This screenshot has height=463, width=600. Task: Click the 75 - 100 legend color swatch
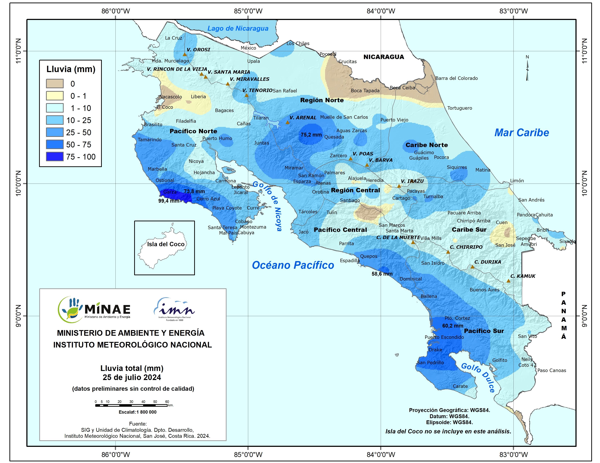tap(55, 157)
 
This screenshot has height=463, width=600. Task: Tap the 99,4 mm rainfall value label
tap(169, 201)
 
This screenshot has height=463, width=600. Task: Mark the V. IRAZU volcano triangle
tap(399, 186)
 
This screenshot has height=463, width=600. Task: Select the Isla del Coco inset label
tap(166, 244)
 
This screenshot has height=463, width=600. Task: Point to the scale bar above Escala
tap(132, 405)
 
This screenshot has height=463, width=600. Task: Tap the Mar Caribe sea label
tap(521, 133)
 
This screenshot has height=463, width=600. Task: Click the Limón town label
tap(517, 180)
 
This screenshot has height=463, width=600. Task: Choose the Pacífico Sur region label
tap(484, 331)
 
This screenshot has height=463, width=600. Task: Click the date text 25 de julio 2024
tap(132, 377)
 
